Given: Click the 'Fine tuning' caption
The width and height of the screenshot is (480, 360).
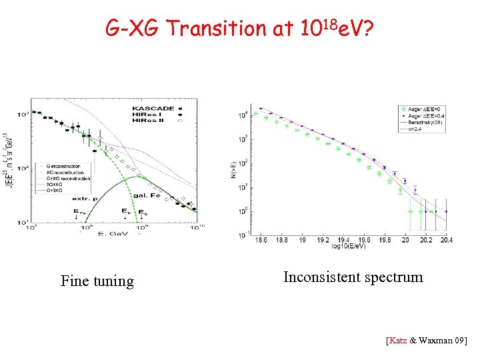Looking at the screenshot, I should point(97,281).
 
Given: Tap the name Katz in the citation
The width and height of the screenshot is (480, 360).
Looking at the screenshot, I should point(397,341).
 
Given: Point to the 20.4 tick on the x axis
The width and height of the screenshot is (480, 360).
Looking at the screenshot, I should point(447,241).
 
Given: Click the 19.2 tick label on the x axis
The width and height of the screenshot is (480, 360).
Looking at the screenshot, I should point(322,241).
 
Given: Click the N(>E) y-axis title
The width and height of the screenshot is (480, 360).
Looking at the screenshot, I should point(233,171).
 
